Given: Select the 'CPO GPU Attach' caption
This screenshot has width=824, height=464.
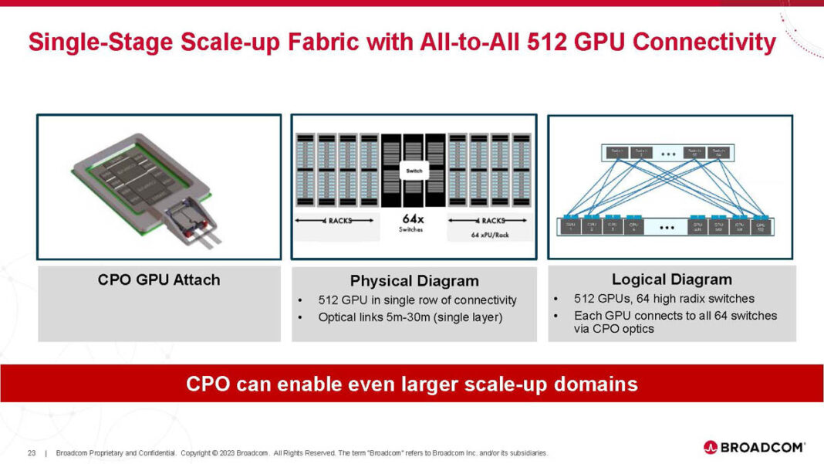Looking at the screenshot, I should [x=158, y=279].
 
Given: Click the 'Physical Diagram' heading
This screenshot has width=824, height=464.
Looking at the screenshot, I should [x=414, y=281].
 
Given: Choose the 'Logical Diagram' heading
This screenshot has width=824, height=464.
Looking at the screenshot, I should [x=671, y=279].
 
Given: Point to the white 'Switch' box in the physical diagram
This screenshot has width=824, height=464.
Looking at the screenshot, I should [x=414, y=171].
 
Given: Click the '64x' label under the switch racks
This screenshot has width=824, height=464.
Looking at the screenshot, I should [x=414, y=219].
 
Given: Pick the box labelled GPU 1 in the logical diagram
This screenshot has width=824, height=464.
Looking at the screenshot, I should [x=571, y=228].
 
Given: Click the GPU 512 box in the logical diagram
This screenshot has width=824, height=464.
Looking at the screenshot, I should [x=761, y=228].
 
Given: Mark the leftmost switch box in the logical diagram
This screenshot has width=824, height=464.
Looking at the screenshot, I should [x=614, y=152].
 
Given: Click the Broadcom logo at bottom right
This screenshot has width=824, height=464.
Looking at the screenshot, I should [x=754, y=447].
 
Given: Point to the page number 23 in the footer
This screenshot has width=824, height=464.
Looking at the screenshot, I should [x=32, y=452].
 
